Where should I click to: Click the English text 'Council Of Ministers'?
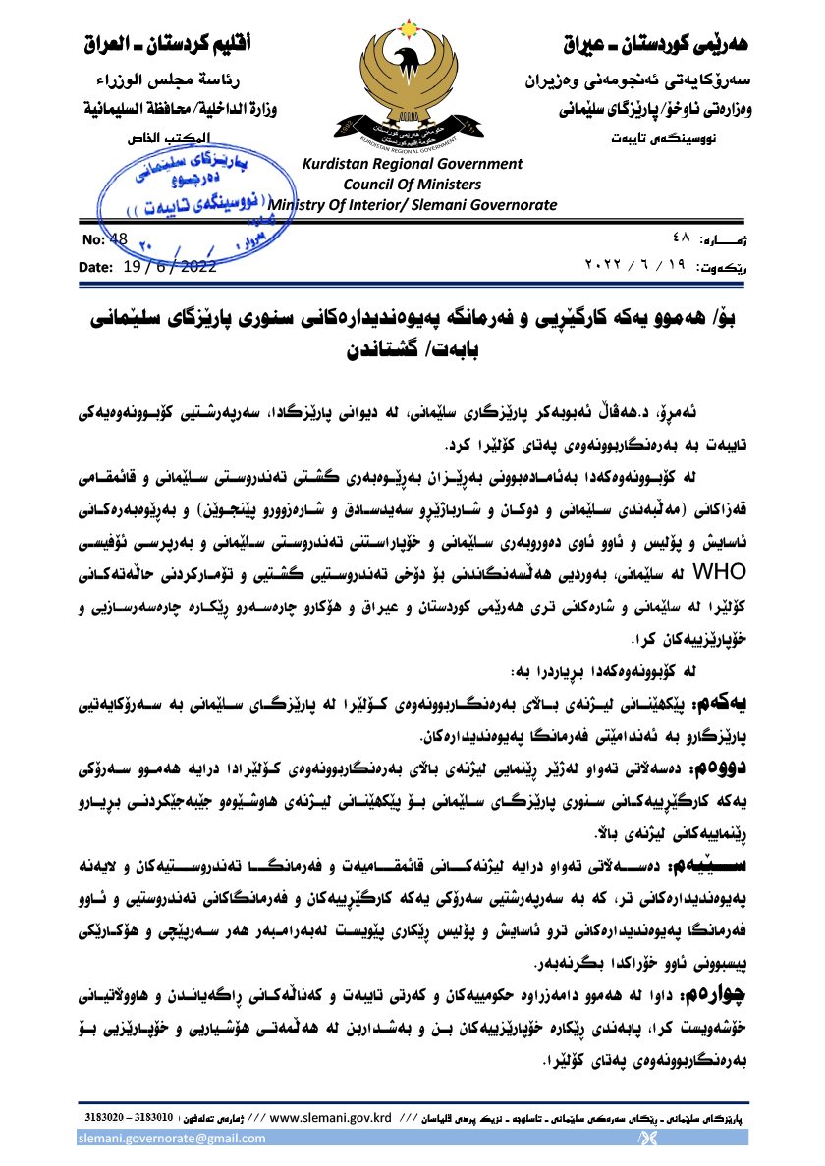pos(412,185)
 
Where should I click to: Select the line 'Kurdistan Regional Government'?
pos(412,165)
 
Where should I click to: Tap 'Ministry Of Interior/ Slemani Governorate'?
pos(412,205)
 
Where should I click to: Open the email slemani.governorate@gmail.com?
pos(173,1139)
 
